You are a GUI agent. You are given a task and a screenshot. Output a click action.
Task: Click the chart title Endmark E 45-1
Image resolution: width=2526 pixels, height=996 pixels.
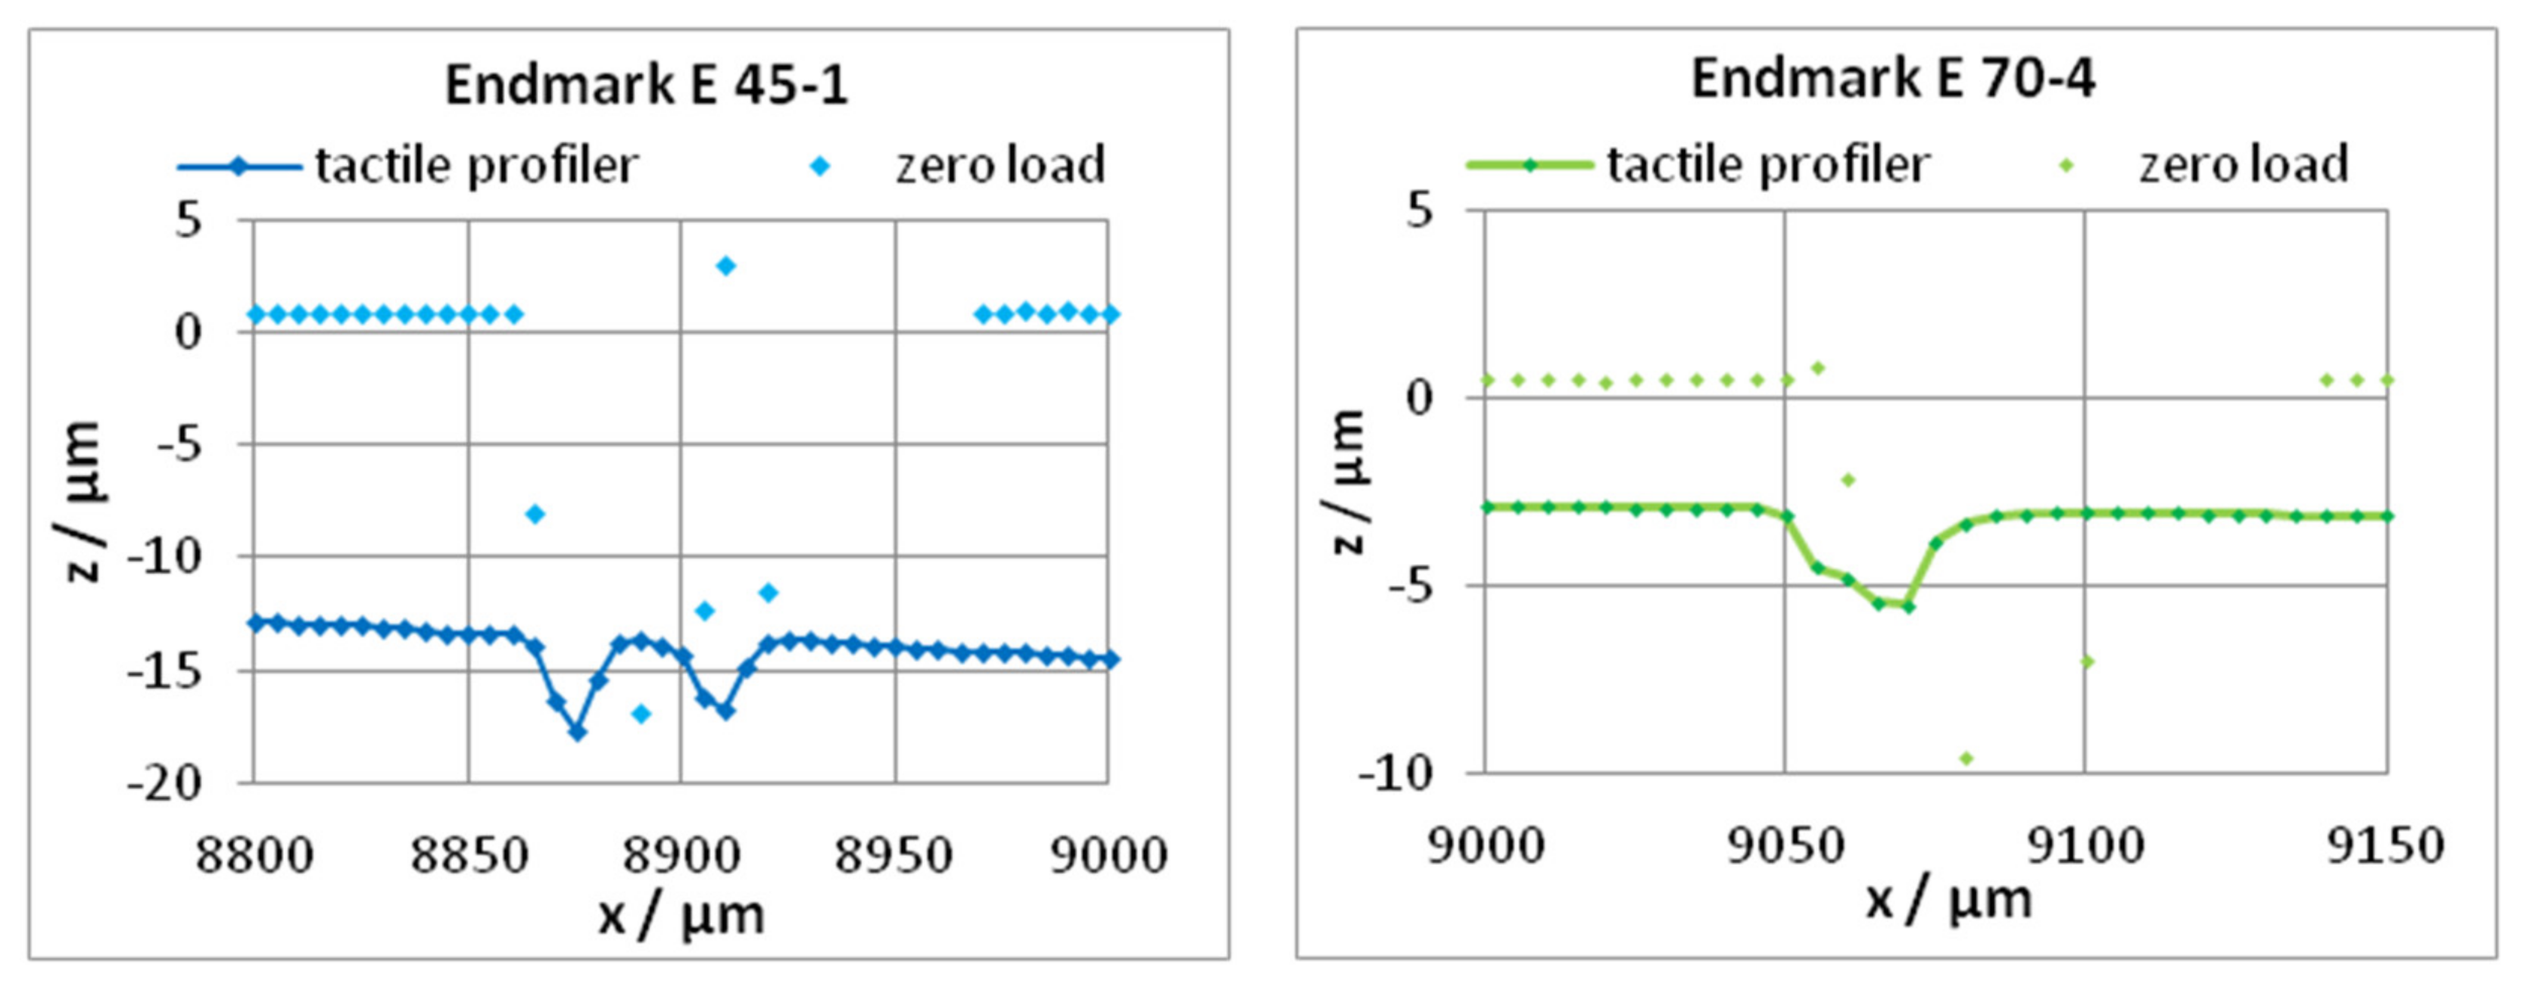tap(646, 86)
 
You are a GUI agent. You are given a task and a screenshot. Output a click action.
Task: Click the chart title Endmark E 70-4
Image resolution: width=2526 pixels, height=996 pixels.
tap(1892, 79)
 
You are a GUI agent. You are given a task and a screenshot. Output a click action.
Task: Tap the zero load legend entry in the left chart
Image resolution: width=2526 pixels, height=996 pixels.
tap(957, 166)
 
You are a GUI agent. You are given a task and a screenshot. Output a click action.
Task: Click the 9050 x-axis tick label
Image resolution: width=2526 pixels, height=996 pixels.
tap(1785, 845)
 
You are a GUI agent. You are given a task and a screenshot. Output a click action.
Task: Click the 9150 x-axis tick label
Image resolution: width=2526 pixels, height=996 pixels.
tap(2385, 845)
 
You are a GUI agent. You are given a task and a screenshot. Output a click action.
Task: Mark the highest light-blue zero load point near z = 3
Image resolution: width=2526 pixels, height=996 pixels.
tap(725, 266)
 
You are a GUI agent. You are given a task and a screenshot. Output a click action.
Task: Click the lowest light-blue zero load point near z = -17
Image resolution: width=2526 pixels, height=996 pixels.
tap(641, 714)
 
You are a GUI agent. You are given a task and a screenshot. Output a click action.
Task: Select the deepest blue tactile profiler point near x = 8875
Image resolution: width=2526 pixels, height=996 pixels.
tap(578, 731)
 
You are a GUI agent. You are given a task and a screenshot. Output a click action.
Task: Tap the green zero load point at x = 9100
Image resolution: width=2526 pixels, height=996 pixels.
tap(2087, 661)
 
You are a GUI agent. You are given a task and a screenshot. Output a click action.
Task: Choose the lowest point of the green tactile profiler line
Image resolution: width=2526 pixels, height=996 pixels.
tap(1908, 607)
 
